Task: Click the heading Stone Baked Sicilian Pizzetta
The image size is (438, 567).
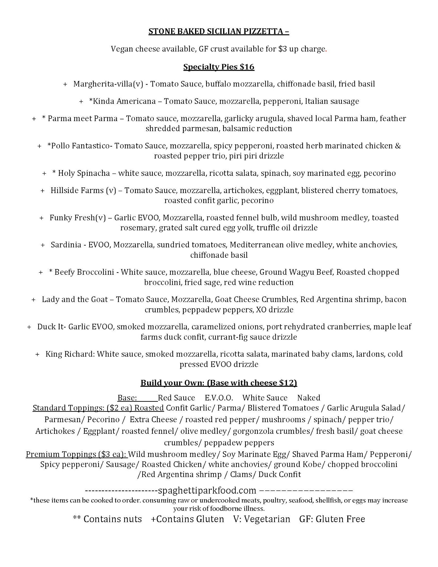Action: [219, 31]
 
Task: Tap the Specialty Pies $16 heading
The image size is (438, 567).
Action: [219, 67]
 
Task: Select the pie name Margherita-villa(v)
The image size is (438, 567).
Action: [108, 84]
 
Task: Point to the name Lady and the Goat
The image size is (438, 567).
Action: [75, 299]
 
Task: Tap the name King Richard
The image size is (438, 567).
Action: [70, 354]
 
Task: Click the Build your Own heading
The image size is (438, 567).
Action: [219, 383]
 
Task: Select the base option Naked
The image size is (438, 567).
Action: [308, 398]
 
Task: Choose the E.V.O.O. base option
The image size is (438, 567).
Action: [219, 398]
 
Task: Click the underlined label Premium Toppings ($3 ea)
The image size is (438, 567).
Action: [77, 454]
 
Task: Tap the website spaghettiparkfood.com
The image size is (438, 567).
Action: [207, 490]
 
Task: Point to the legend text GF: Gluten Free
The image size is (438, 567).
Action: [332, 519]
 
